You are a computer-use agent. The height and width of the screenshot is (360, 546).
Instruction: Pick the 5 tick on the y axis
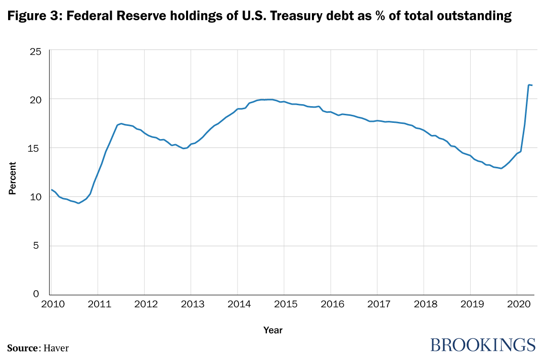pos(41,246)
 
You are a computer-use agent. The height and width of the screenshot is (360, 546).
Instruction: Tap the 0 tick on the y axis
pos(41,294)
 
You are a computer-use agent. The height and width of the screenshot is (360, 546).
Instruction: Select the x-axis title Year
pos(272,330)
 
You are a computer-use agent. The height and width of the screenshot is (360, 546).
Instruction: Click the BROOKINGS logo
pos(482,345)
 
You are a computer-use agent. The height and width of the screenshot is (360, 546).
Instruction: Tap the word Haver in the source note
pos(56,348)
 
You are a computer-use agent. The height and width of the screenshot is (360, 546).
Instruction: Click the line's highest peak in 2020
pos(529,84)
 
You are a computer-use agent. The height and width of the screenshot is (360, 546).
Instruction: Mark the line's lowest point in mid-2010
pos(78,203)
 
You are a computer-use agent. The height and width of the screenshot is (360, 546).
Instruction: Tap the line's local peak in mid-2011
pos(121,123)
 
